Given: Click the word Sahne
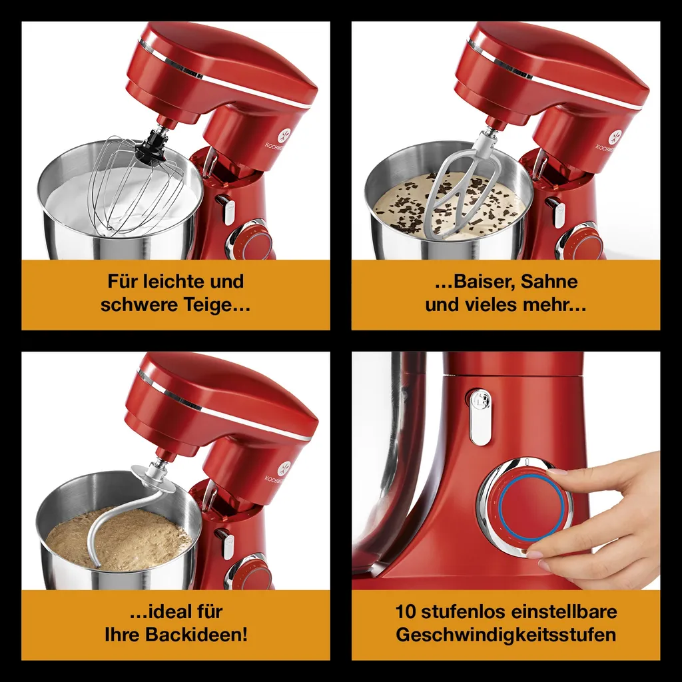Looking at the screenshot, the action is pyautogui.click(x=549, y=282).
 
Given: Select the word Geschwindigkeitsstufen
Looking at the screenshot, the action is pyautogui.click(x=506, y=635).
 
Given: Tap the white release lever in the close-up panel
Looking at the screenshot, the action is pyautogui.click(x=480, y=417).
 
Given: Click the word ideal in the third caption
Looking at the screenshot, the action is pyautogui.click(x=170, y=611).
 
